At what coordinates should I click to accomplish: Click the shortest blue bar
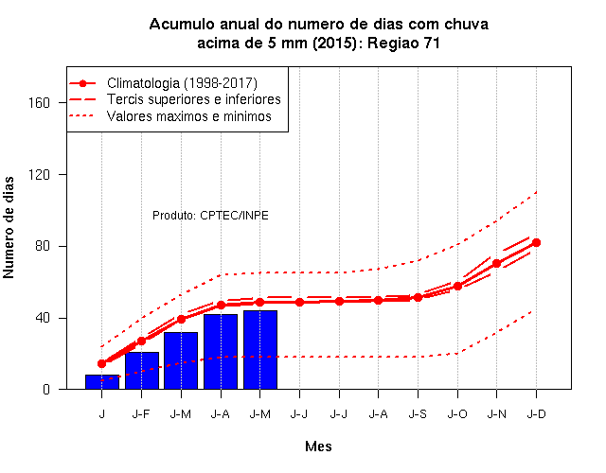point(102,381)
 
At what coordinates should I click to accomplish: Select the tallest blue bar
point(260,349)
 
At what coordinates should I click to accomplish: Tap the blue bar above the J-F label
point(142,370)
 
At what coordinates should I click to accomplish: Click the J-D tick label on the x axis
point(536,414)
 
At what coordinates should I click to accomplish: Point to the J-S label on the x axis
point(418,414)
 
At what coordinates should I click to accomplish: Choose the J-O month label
point(457,414)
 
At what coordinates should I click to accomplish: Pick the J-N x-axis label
point(496,414)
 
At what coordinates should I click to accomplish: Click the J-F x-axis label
point(141,414)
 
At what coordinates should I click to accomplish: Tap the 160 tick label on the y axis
point(39,103)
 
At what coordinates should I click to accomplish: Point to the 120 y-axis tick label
point(39,174)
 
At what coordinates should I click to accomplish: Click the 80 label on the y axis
point(43,246)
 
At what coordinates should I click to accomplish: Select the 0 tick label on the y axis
point(46,389)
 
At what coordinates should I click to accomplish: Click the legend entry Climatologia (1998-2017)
point(182,83)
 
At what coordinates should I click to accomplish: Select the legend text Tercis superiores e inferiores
point(193,99)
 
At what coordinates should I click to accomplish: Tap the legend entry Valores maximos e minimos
point(189,116)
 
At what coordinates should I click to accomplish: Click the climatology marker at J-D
point(536,242)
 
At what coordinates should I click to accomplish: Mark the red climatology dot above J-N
point(496,263)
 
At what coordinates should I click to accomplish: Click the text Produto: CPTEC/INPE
point(210,215)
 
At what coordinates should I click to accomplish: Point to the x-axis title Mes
point(318,447)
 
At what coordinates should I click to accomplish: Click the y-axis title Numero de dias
point(9,227)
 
